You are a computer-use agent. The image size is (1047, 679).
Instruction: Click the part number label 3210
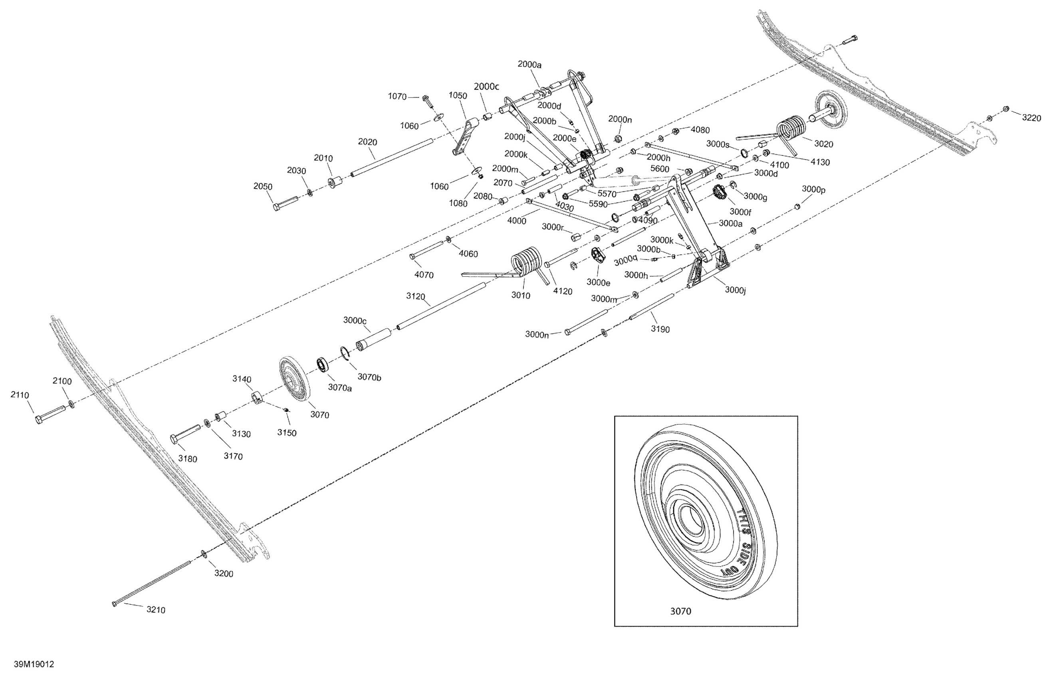point(156,610)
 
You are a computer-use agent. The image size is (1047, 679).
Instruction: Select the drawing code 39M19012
point(34,664)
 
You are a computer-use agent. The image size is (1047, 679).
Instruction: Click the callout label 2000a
point(529,64)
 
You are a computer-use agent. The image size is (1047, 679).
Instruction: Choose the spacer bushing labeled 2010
point(336,182)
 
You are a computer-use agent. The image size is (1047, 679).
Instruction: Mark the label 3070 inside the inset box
point(680,611)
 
